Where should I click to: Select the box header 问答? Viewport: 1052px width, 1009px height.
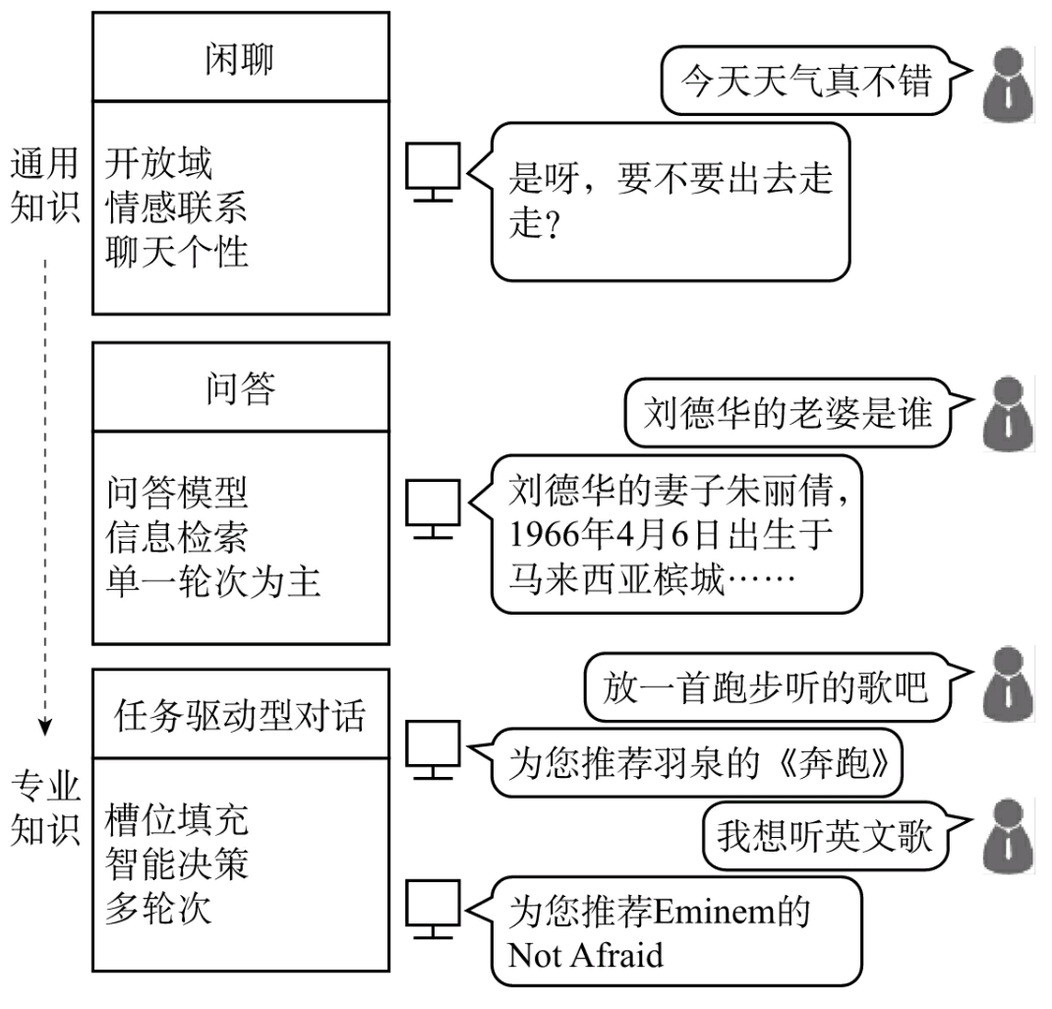240,389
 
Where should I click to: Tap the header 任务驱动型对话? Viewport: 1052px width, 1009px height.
240,715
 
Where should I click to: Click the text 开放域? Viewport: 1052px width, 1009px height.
158,163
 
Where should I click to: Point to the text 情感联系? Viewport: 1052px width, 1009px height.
176,208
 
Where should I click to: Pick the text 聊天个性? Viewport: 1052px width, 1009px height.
176,253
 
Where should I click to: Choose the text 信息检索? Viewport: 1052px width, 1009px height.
176,537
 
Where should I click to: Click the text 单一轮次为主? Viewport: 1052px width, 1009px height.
212,582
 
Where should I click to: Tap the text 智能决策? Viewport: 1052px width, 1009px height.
176,863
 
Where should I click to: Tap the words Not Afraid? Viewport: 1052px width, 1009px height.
585,954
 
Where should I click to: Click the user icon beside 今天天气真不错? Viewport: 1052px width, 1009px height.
1007,80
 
